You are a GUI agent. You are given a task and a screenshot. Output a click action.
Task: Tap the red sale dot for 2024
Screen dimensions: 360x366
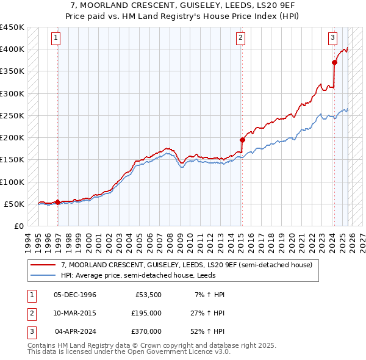tap(334, 62)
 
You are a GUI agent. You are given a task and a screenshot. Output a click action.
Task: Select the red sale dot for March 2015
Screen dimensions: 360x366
tap(242, 139)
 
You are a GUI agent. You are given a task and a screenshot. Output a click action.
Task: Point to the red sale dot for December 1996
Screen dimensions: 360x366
tap(57, 202)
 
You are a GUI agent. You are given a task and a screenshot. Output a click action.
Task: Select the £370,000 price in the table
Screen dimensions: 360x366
tap(146, 331)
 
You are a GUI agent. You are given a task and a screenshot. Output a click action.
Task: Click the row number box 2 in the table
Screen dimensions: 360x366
tap(30, 313)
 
